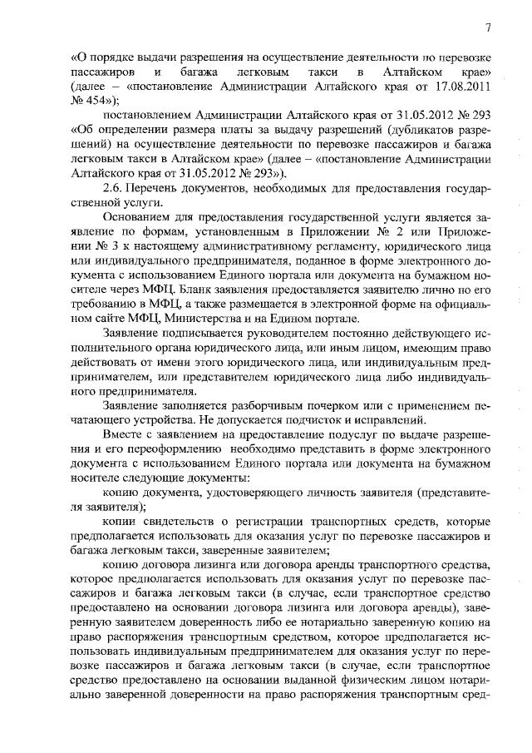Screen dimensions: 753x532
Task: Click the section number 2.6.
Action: coord(113,188)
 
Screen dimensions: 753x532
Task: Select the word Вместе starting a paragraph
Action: coord(121,434)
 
